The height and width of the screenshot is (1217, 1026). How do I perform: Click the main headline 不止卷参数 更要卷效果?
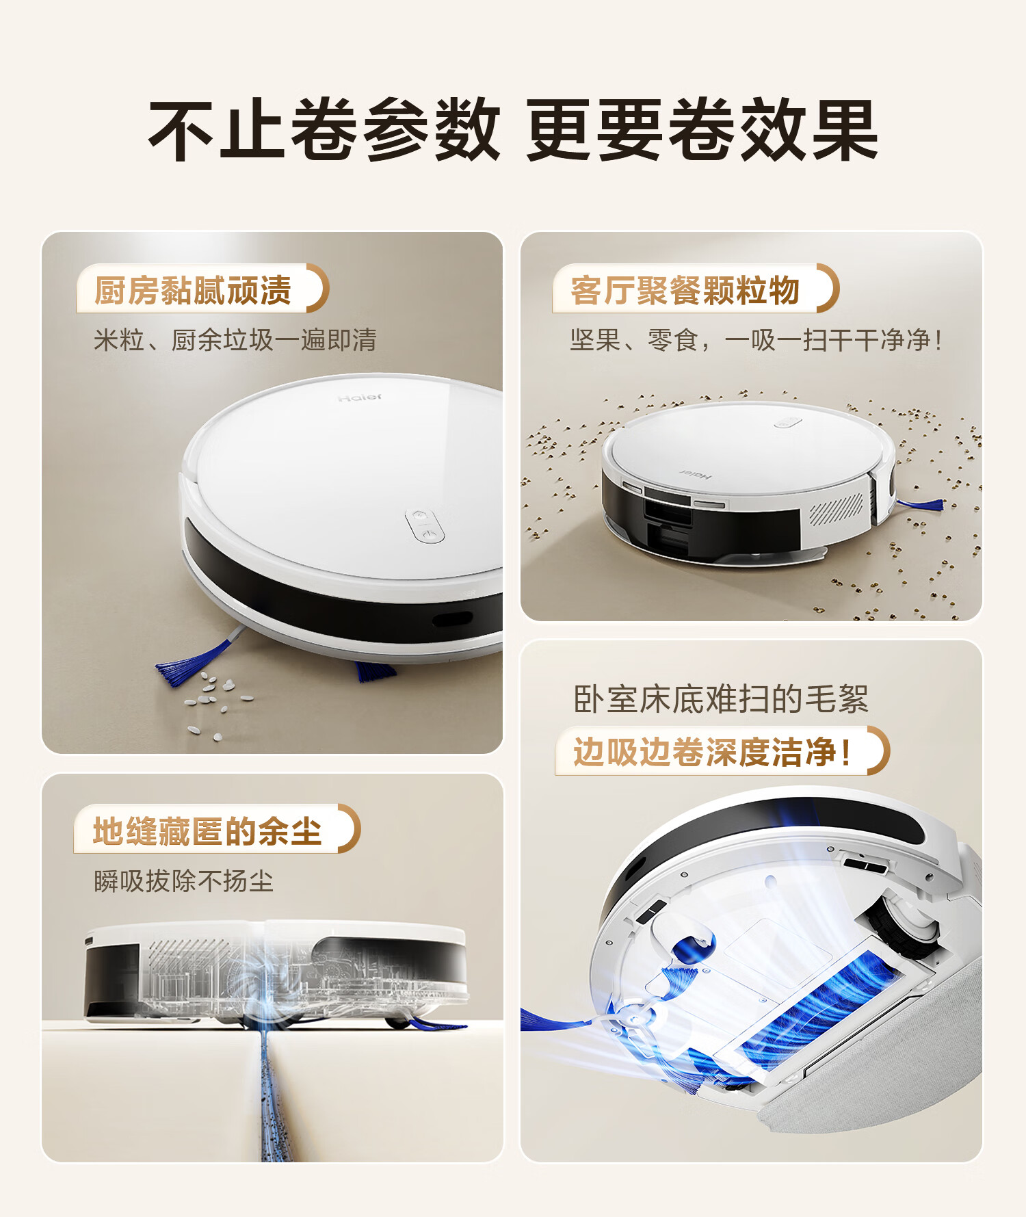[x=513, y=129]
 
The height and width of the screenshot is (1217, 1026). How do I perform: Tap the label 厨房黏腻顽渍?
[x=193, y=290]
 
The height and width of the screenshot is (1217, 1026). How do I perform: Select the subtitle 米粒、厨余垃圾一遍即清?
[x=235, y=340]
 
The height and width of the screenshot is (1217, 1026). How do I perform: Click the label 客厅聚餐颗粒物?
[x=685, y=290]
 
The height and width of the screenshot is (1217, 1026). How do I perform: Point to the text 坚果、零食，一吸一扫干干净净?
[x=756, y=340]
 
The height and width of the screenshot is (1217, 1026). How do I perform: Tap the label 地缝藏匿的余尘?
[x=207, y=831]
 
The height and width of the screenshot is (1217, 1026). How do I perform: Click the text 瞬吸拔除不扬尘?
[x=183, y=881]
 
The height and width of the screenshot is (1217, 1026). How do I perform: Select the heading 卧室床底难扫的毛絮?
[x=721, y=699]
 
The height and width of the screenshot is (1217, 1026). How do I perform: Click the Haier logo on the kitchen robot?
[x=360, y=397]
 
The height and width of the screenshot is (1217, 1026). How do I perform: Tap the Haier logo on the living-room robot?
[x=696, y=473]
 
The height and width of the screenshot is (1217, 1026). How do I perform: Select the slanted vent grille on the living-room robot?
[x=836, y=508]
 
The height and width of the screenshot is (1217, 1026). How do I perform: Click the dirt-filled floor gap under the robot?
[x=277, y=1095]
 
